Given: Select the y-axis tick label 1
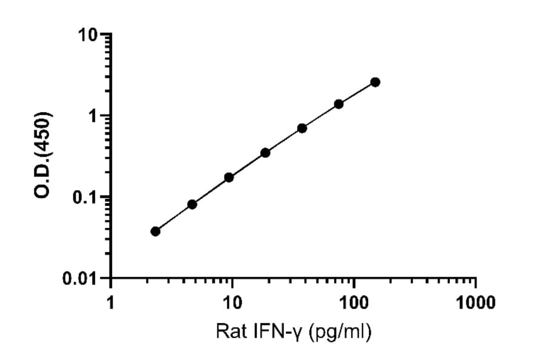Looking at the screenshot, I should pyautogui.click(x=94, y=116).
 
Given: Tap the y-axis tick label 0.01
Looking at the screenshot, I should pyautogui.click(x=84, y=279).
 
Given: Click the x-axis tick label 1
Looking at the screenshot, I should pyautogui.click(x=110, y=301).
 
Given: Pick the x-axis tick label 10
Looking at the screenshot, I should pyautogui.click(x=232, y=301).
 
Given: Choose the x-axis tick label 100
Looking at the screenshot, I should pyautogui.click(x=354, y=301).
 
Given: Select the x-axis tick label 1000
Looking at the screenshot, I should pyautogui.click(x=475, y=301).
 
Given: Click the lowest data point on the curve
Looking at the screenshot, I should pyautogui.click(x=156, y=231).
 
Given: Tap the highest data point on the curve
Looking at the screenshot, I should pyautogui.click(x=375, y=82).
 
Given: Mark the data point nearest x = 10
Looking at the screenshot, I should pyautogui.click(x=229, y=177).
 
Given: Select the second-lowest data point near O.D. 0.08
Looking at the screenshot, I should pyautogui.click(x=192, y=204).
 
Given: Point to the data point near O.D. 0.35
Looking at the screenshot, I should pyautogui.click(x=265, y=152).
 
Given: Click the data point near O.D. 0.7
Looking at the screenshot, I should pyautogui.click(x=302, y=128).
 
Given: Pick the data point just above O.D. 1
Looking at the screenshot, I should pyautogui.click(x=339, y=104).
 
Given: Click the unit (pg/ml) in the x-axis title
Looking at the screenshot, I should pyautogui.click(x=339, y=332).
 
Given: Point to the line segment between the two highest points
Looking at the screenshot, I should pyautogui.click(x=357, y=93).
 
